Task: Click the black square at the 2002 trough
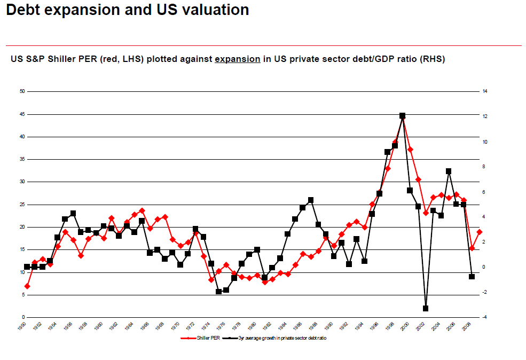tap(426, 308)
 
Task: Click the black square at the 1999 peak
tap(402, 116)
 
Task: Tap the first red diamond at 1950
tap(27, 286)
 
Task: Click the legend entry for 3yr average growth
tap(278, 338)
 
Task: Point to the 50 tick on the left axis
tap(22, 91)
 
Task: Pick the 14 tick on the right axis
tap(485, 91)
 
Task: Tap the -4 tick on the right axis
tap(484, 317)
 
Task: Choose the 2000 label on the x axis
tap(405, 326)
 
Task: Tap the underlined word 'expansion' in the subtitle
tap(237, 59)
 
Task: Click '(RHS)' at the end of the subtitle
tap(433, 59)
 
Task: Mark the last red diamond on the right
tap(480, 232)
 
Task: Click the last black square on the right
tap(472, 276)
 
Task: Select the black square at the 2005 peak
tap(449, 171)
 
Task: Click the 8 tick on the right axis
tap(484, 167)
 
